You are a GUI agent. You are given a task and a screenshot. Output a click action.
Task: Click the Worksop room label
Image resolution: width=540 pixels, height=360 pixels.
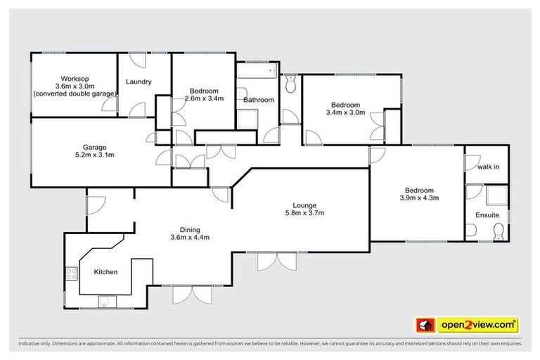click(x=73, y=77)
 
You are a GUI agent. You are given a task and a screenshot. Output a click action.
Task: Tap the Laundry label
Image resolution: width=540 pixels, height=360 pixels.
click(x=139, y=82)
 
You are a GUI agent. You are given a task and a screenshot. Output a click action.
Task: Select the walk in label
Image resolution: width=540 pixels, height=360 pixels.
click(x=489, y=167)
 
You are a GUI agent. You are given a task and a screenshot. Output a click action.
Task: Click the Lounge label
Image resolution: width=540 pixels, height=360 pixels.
click(x=304, y=205)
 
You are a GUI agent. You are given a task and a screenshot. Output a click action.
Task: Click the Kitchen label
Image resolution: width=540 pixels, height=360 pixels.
click(x=105, y=272)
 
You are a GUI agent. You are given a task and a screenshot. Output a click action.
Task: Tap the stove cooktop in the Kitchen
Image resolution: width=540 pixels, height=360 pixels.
click(x=71, y=274)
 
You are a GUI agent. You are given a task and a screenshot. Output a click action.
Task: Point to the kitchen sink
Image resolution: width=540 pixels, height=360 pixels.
click(x=104, y=302)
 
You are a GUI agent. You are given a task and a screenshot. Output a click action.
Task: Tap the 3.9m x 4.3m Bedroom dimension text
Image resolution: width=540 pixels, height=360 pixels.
click(x=418, y=198)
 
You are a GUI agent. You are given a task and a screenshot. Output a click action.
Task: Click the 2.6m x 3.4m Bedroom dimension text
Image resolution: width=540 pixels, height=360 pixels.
click(x=204, y=99)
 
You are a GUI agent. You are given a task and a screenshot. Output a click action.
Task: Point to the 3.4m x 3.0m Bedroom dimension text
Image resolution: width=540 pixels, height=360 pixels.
click(x=345, y=112)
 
